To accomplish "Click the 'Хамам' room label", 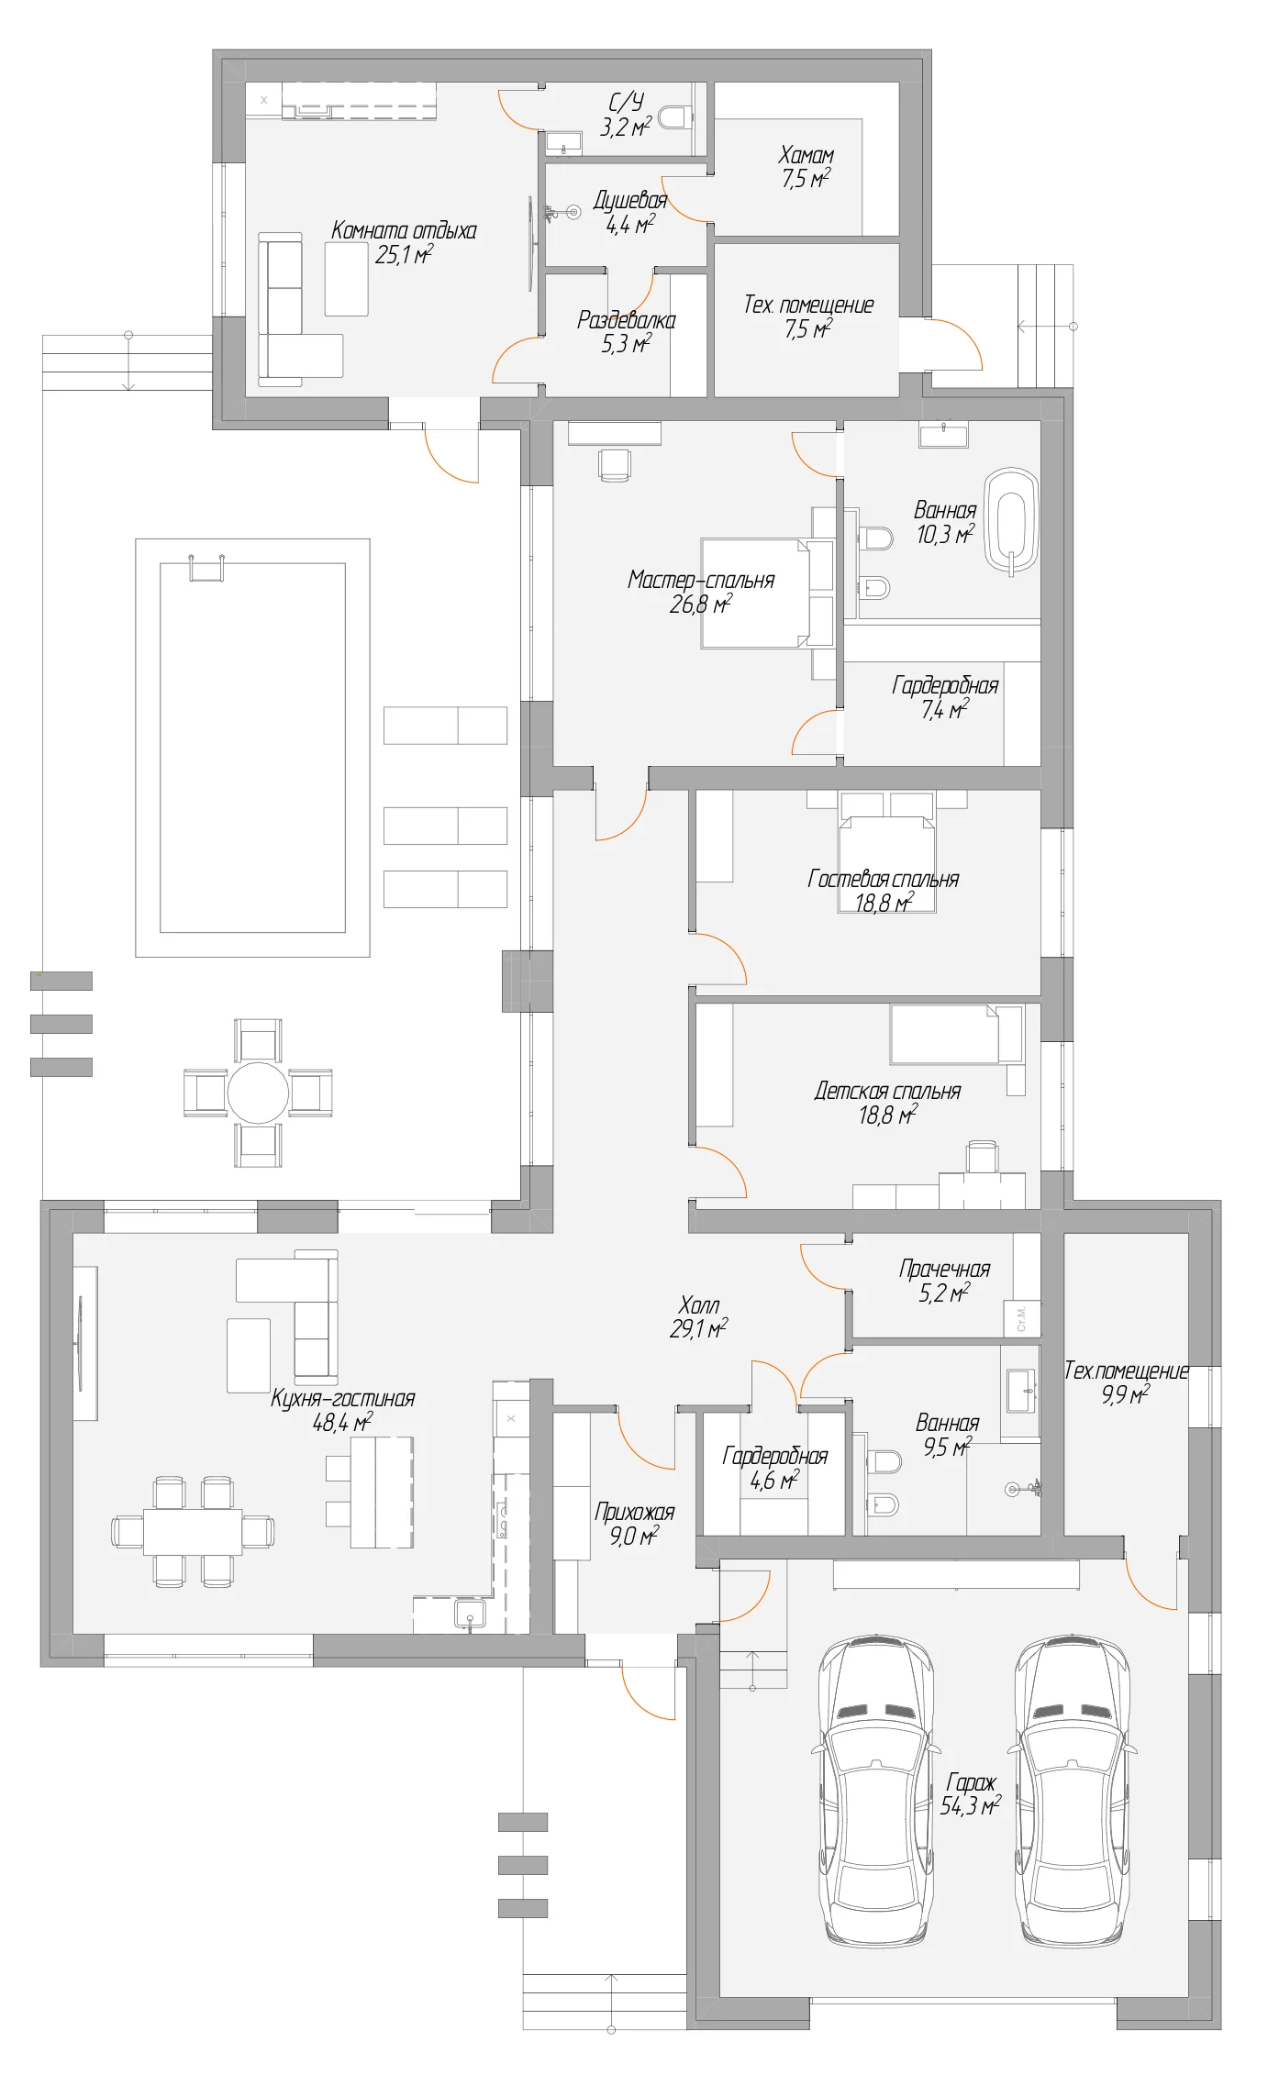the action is pyautogui.click(x=806, y=154).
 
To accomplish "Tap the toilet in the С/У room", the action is pyautogui.click(x=675, y=117).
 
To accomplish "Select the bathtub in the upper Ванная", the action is pyautogui.click(x=1011, y=522).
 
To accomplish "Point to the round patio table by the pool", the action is pyautogui.click(x=258, y=1093).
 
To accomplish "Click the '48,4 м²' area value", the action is pyautogui.click(x=342, y=1422).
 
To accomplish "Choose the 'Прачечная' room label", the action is pyautogui.click(x=945, y=1269).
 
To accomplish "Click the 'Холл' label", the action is pyautogui.click(x=699, y=1304).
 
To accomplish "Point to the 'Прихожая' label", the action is pyautogui.click(x=634, y=1512).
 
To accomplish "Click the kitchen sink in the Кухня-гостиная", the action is pyautogui.click(x=471, y=1615).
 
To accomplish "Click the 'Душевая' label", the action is pyautogui.click(x=630, y=200).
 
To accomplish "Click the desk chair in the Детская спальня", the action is pyautogui.click(x=983, y=1157).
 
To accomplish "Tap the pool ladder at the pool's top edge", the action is pyautogui.click(x=206, y=568).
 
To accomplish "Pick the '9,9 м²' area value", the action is pyautogui.click(x=1126, y=1395).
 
